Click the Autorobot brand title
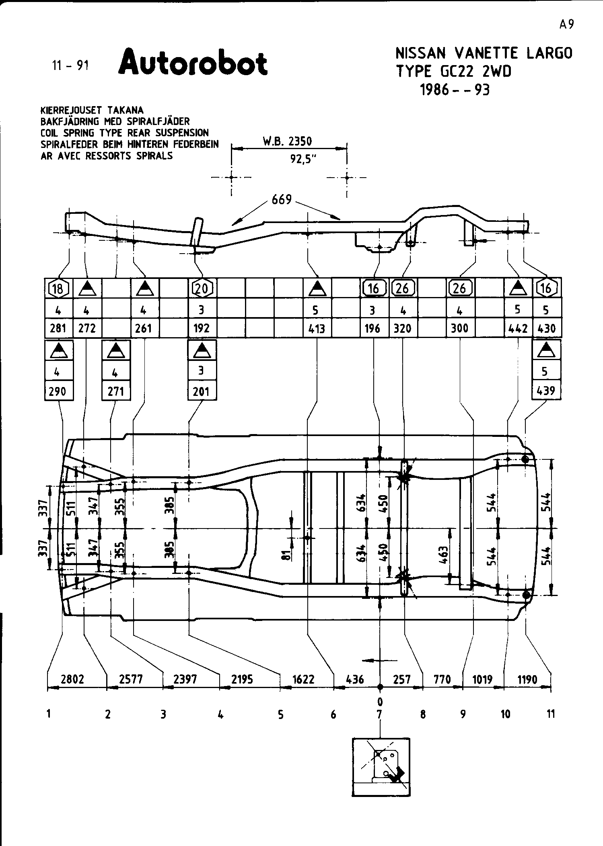[x=193, y=63]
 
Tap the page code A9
[x=566, y=25]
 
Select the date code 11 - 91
[x=70, y=65]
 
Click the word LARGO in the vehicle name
[x=549, y=53]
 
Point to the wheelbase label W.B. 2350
[x=287, y=141]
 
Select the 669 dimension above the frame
[x=282, y=199]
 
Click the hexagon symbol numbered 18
[x=58, y=288]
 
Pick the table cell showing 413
[x=317, y=328]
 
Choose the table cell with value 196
[x=373, y=328]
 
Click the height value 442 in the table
[x=518, y=328]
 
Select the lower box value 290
[x=58, y=391]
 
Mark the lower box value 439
[x=546, y=391]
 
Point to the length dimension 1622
[x=303, y=679]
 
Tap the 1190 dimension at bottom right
[x=527, y=679]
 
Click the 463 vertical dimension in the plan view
[x=443, y=556]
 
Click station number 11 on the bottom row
[x=551, y=714]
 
